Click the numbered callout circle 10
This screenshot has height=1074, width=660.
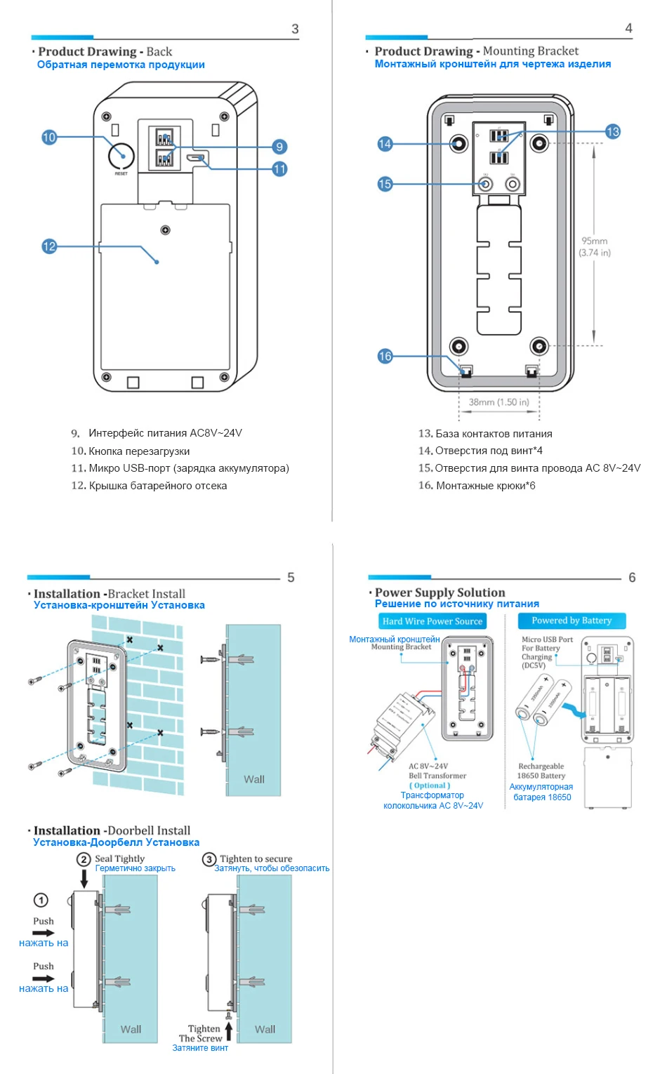click(x=48, y=137)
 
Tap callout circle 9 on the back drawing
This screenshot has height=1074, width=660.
click(x=279, y=147)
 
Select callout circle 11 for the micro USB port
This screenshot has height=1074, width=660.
click(x=279, y=169)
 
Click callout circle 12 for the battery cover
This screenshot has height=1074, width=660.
click(x=48, y=246)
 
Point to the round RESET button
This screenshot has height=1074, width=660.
click(x=121, y=155)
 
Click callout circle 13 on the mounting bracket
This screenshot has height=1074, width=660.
click(x=612, y=131)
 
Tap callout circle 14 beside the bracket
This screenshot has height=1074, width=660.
click(x=385, y=144)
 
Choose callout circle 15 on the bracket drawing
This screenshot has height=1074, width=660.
click(x=385, y=184)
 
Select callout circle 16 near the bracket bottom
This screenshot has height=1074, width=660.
click(x=385, y=356)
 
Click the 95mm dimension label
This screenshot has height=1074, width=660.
click(x=594, y=241)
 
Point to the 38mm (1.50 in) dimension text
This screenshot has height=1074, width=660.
click(x=499, y=402)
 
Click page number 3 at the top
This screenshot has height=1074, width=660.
click(x=295, y=29)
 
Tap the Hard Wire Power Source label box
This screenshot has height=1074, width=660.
click(x=432, y=621)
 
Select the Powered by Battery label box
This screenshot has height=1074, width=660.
click(x=572, y=621)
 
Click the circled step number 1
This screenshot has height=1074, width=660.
click(x=41, y=900)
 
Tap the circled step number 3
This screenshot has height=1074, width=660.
click(x=209, y=859)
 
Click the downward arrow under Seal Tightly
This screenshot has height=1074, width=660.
click(x=85, y=877)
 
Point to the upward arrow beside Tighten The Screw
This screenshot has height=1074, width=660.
click(x=229, y=1030)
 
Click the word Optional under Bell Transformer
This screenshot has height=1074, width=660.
click(x=430, y=785)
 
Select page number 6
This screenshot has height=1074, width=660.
click(x=632, y=577)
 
